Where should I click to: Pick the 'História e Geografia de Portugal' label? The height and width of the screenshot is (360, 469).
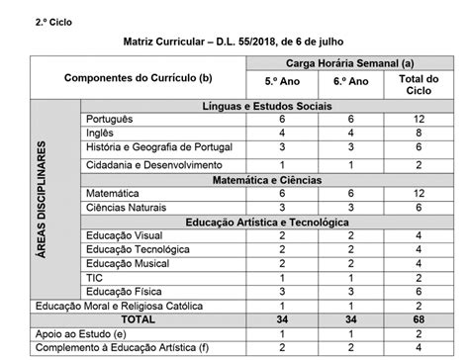pyautogui.click(x=144, y=145)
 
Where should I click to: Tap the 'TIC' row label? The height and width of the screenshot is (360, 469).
pyautogui.click(x=95, y=278)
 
